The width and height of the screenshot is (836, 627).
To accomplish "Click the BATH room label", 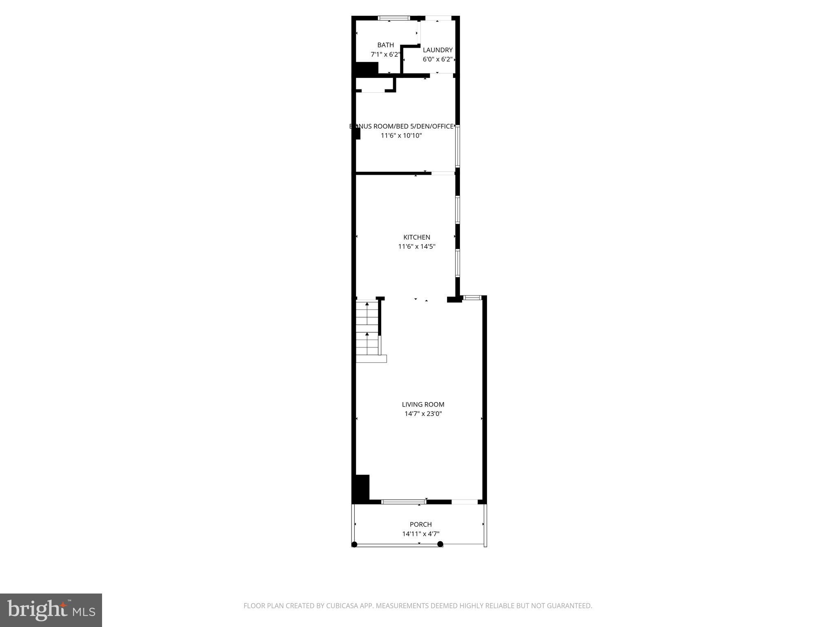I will coord(385,45).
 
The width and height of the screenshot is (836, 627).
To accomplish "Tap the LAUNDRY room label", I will coord(438,50).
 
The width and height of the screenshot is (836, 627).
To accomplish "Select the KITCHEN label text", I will coord(417,237).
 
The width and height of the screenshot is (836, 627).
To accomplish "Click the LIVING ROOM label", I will coord(423,405).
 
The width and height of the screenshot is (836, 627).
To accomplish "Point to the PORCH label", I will coord(420,525).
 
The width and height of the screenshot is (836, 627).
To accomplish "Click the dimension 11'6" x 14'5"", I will coord(417,247).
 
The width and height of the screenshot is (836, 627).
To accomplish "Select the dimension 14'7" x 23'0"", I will coord(423,414).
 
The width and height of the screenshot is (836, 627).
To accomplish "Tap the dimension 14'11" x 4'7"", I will coord(420,534).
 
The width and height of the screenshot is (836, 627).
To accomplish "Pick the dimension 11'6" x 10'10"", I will coord(401,136).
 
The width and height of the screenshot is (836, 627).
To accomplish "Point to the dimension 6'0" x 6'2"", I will coord(438,59).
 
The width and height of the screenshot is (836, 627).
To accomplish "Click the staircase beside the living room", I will coord(367,329).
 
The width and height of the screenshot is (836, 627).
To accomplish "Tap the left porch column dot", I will coord(354,544).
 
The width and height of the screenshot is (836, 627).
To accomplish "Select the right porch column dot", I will coord(440,544).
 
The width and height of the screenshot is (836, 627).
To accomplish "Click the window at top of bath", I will coord(394,18).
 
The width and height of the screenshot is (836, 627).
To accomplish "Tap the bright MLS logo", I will coord(51,610).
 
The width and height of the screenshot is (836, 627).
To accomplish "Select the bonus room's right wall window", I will coord(458,146).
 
